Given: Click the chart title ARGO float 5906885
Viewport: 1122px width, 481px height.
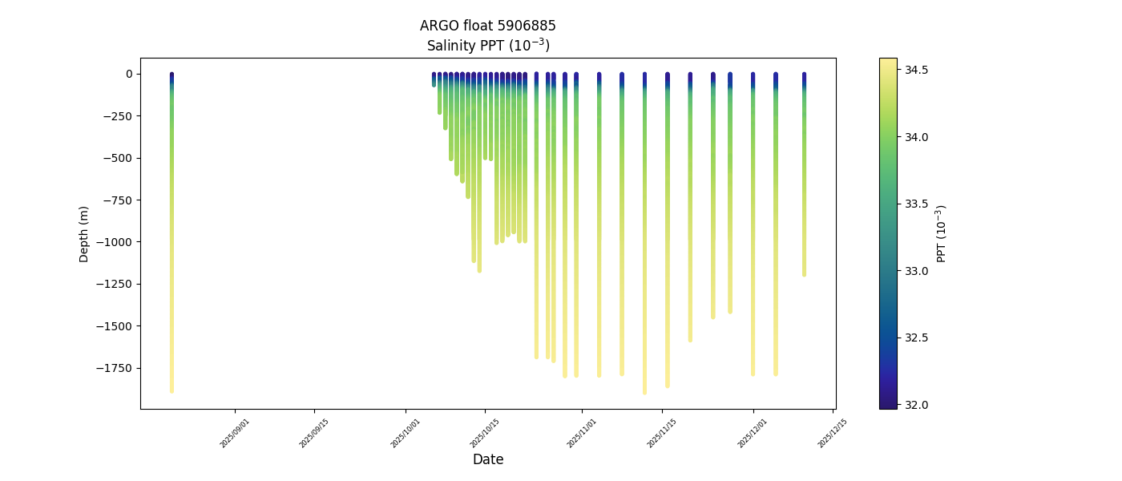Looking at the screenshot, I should [487, 26].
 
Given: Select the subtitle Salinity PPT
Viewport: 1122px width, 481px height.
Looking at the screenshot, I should [487, 46].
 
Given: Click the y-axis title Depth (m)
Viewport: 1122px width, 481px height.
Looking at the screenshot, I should [84, 233].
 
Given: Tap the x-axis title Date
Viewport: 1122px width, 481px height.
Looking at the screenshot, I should [487, 459].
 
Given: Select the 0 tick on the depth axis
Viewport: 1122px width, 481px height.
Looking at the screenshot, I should [128, 74].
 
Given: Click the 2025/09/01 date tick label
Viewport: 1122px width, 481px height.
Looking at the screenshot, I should [235, 433].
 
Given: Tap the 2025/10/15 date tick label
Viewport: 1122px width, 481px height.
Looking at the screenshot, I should [485, 433].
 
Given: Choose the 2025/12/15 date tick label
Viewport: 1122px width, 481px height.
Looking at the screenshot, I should [833, 433].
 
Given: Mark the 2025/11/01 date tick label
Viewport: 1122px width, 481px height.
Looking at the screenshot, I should [582, 433].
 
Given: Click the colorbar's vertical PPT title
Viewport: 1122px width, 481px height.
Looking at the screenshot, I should [942, 233].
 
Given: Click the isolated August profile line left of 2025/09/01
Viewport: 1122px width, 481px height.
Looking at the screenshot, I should [172, 240].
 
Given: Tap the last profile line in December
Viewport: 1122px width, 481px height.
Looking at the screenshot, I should [804, 176].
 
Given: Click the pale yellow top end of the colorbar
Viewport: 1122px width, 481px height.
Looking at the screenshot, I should [888, 62].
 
